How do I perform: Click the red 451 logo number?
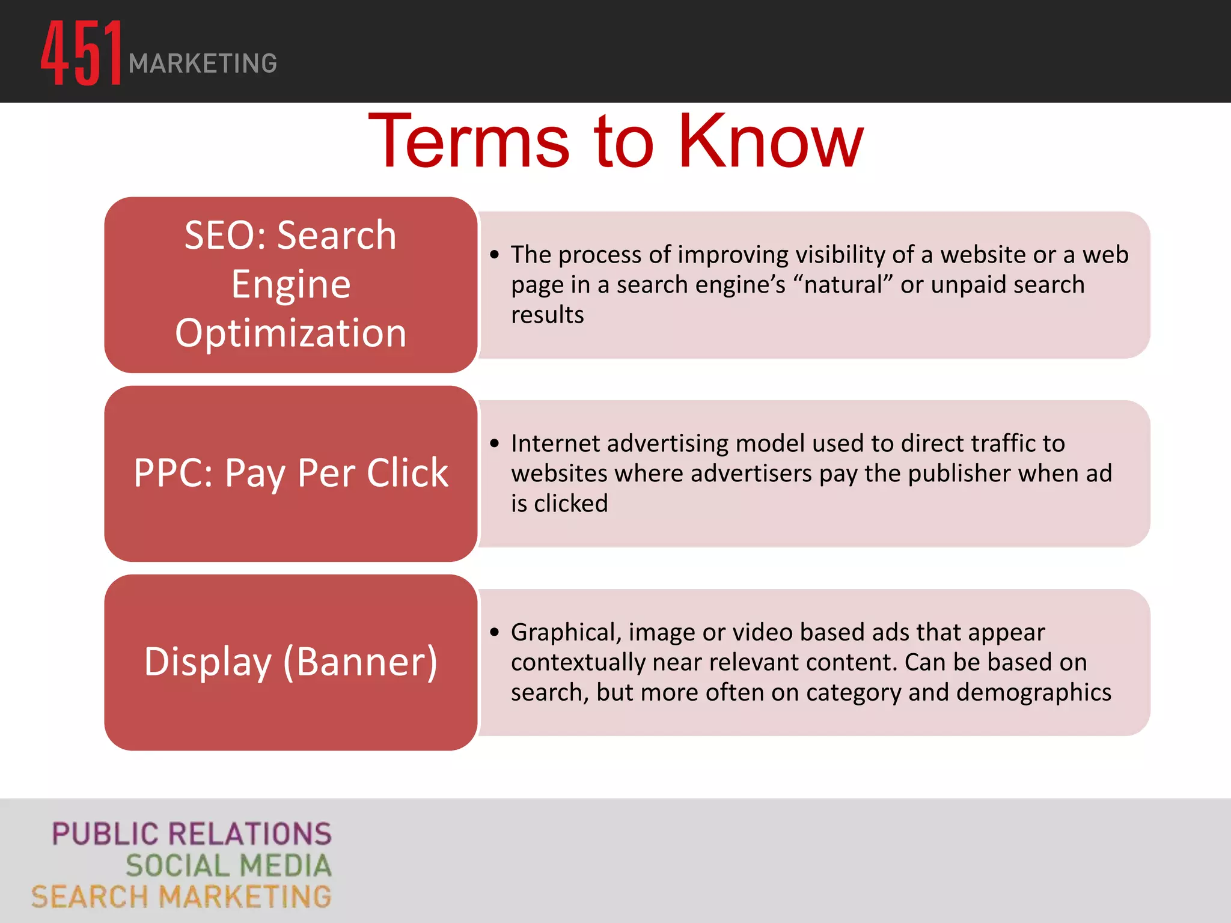82,53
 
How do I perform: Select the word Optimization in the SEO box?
291,333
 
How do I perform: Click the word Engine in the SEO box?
291,284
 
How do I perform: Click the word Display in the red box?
208,662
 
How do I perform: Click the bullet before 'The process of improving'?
494,255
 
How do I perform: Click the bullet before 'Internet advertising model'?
494,443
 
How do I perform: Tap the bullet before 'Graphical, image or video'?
494,632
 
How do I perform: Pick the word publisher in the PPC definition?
959,474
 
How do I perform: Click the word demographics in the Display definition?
1034,692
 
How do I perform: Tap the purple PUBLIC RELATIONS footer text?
192,834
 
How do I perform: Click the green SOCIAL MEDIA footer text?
228,865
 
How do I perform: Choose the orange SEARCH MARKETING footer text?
182,897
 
